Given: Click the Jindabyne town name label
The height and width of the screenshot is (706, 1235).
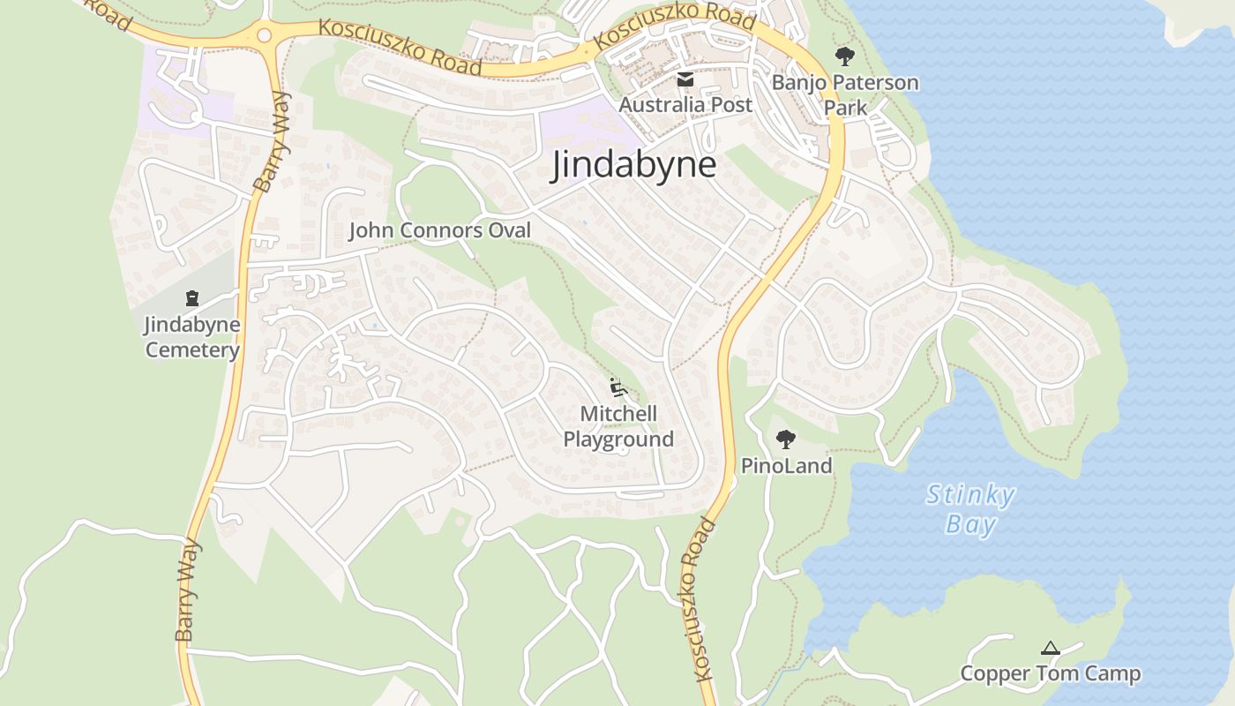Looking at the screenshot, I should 633,165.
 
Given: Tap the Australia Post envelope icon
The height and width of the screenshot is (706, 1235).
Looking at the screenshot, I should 685,80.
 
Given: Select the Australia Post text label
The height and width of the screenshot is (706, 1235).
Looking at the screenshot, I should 685,105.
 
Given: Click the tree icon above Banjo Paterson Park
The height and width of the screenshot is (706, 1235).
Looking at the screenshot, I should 844,57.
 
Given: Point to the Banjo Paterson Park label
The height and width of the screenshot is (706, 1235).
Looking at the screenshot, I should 844,94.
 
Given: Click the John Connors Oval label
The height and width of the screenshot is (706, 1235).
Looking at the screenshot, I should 439,231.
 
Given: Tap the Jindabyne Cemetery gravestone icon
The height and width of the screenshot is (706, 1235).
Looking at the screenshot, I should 192,298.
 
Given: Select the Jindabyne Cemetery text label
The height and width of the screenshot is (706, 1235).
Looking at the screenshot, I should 192,337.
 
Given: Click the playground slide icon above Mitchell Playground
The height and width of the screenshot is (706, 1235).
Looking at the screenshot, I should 617,387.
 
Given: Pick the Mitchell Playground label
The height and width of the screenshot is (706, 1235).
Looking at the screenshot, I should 618,426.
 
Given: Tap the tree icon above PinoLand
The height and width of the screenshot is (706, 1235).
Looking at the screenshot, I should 785,439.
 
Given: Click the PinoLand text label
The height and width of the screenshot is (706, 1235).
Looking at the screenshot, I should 786,466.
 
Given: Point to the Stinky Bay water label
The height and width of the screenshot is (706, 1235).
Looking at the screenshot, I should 970,509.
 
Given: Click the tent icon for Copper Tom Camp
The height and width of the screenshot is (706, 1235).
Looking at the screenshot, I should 1049,649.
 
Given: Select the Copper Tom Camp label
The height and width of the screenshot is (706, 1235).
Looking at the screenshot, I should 1050,674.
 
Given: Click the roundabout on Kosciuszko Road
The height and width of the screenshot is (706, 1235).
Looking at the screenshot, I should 264,35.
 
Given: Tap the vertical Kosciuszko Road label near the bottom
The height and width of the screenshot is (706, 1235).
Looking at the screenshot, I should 696,600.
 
